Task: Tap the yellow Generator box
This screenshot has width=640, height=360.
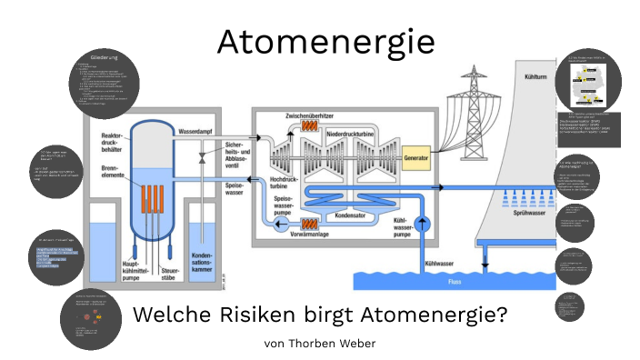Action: coord(416,155)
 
